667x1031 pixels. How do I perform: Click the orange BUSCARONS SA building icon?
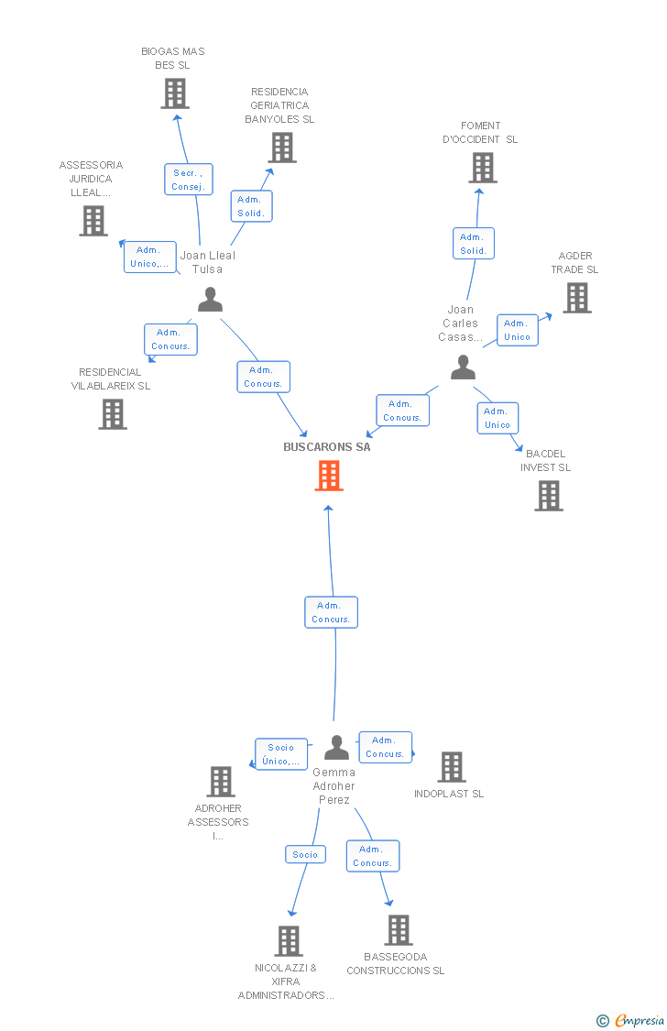pos(329,476)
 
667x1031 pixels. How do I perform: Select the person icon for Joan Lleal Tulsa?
pos(211,300)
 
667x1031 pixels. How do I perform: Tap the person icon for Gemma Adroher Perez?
pos(337,748)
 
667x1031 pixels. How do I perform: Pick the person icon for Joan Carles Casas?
pos(464,367)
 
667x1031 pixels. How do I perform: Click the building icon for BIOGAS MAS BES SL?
pos(175,93)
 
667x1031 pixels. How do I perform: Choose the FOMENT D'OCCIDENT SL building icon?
pos(483,168)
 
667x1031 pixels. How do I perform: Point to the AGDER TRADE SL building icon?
pos(576,298)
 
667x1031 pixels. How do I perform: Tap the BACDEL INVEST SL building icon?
pos(549,496)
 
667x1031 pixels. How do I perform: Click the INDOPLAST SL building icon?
pos(451,767)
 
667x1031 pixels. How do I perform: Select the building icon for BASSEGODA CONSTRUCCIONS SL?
pos(399,930)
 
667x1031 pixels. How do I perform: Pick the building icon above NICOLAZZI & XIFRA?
pos(289,941)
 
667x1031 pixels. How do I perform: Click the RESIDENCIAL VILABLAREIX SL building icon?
pos(113,414)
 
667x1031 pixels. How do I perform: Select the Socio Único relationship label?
pos(281,754)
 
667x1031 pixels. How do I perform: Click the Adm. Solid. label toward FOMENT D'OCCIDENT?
pos(474,244)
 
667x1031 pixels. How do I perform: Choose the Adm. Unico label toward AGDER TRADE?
pos(517,330)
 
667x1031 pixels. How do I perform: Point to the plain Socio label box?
pos(305,854)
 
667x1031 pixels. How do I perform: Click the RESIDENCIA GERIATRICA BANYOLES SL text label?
pos(279,105)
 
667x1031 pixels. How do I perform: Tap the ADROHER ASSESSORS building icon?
pos(221,782)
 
